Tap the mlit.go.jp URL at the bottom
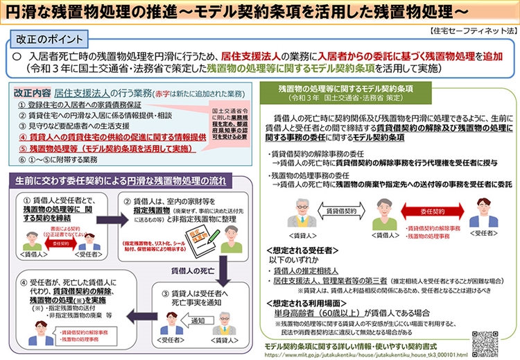(366, 354)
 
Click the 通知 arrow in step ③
(197, 321)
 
